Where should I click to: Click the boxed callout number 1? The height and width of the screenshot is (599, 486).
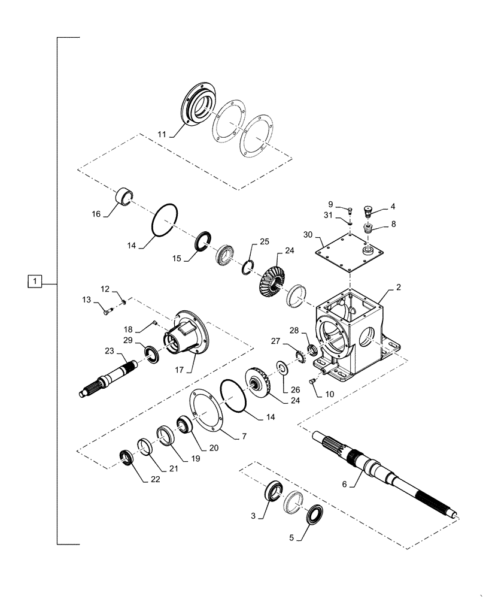pos(36,280)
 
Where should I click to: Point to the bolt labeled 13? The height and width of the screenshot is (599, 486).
pos(107,310)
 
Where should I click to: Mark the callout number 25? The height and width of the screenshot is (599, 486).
pos(264,242)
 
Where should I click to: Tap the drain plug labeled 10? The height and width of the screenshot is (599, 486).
pos(312,380)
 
